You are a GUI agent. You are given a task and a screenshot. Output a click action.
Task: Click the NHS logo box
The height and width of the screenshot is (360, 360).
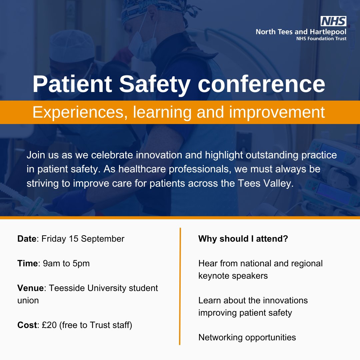[333, 21]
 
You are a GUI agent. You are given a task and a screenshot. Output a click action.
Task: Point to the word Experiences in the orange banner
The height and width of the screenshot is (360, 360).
[79, 113]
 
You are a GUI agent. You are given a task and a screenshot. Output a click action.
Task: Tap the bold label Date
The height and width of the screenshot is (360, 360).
[27, 239]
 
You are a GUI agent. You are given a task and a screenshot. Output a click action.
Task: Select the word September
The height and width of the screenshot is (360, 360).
[103, 239]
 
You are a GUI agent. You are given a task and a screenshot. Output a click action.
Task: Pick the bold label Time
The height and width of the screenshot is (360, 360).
[27, 264]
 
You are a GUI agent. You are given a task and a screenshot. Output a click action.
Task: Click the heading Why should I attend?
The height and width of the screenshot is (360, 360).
[243, 239]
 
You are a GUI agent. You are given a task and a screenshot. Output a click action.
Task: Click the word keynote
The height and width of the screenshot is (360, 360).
[214, 276]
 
